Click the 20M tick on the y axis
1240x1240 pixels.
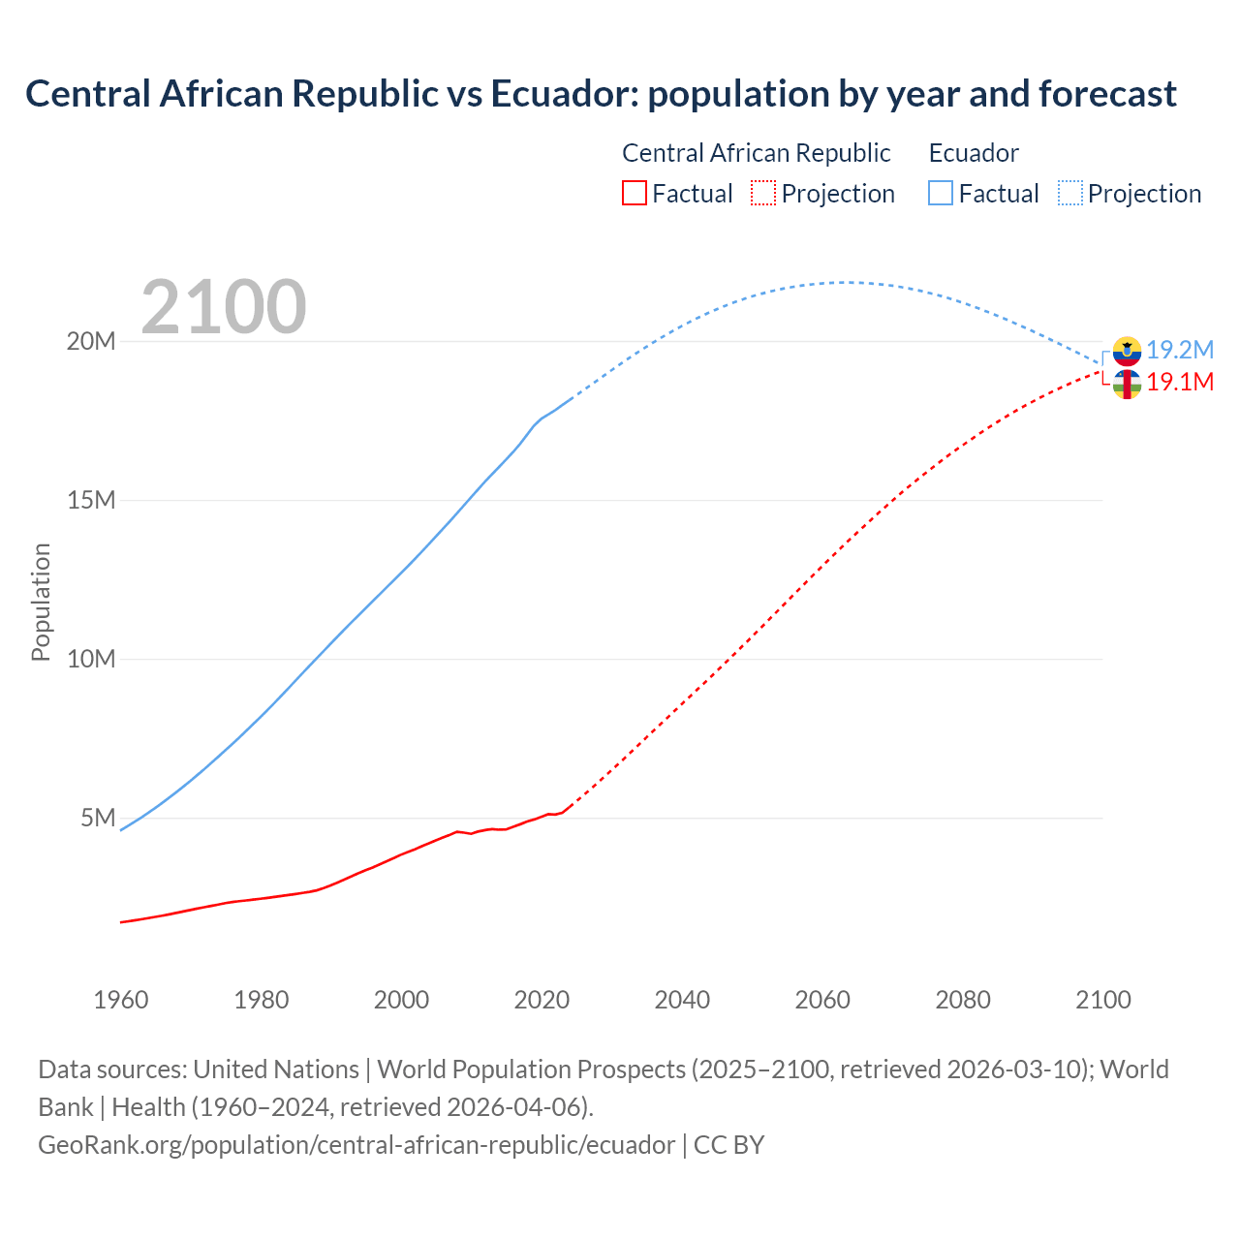pos(90,342)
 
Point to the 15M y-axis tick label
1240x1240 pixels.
pos(90,501)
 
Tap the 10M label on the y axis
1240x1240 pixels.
pos(90,660)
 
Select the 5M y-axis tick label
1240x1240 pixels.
pos(98,819)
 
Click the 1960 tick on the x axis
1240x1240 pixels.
pos(121,1000)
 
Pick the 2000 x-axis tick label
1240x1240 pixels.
pos(401,1000)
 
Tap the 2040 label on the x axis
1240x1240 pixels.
pos(682,1000)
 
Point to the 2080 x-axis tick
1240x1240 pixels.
pos(963,1000)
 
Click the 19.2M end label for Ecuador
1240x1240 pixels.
pos(1180,350)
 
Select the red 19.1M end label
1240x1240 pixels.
pos(1180,382)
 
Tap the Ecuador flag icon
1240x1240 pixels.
pos(1127,351)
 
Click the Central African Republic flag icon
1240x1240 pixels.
pos(1127,384)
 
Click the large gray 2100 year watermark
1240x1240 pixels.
pos(224,307)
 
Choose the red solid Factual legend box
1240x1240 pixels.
pos(635,193)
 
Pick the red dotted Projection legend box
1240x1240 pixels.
pos(763,193)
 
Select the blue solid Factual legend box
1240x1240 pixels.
pos(941,193)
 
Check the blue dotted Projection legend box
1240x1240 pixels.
pos(1070,193)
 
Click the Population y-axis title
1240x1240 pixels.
pos(41,602)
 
